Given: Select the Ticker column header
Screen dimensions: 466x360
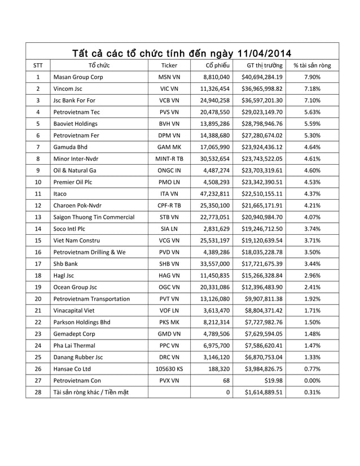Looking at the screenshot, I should [169, 66].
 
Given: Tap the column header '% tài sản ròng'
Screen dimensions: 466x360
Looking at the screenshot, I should [312, 66].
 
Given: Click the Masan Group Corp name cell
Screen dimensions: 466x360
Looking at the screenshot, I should [76, 77].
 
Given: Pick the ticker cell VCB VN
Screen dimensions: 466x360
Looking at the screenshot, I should [169, 100].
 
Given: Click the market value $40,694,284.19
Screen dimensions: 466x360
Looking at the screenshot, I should [262, 77].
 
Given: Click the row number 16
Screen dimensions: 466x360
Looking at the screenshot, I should [37, 252].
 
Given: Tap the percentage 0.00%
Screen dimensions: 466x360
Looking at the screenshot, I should [312, 380].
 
